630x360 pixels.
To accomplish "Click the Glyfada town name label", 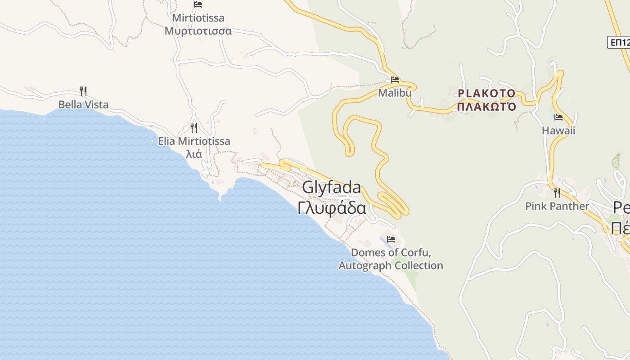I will [x=331, y=187].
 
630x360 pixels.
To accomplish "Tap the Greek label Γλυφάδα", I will [x=332, y=208].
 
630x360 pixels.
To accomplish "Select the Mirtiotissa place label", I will [x=198, y=18].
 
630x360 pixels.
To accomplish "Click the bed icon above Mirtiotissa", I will [x=198, y=4].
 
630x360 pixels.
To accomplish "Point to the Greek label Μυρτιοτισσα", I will [x=198, y=31].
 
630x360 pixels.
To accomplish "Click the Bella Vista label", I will [x=83, y=105].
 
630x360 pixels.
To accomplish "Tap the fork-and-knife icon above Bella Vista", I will [x=83, y=91].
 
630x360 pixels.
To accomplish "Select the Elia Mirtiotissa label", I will [x=194, y=141].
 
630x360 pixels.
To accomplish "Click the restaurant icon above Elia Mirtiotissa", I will [x=194, y=128].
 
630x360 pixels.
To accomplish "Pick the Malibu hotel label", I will [x=395, y=93].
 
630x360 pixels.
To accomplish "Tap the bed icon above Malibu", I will [x=395, y=80].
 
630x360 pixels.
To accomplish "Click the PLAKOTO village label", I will [x=486, y=93].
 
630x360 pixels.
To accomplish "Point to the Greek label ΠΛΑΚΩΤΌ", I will [x=486, y=107].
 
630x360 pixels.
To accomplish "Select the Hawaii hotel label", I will [x=558, y=131].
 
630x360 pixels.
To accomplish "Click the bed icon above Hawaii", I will [x=558, y=117].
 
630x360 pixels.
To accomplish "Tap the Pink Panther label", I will [x=557, y=207].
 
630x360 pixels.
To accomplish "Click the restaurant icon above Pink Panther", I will [x=557, y=193].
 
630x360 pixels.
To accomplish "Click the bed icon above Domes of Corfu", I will [x=391, y=239].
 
